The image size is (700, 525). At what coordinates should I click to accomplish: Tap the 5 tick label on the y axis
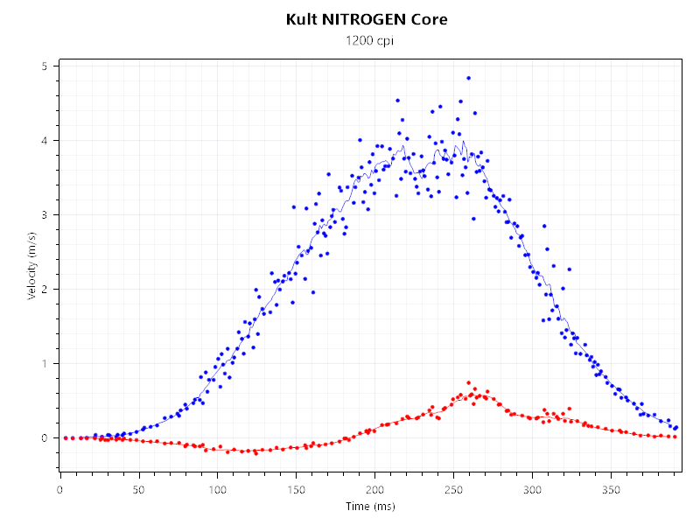click(x=45, y=66)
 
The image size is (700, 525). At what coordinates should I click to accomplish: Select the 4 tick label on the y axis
click(x=45, y=141)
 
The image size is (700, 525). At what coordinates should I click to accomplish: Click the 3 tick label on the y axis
click(x=45, y=215)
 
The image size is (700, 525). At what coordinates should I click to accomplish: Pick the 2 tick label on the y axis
click(x=45, y=290)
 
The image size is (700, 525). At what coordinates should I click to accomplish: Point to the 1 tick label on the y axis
click(x=45, y=364)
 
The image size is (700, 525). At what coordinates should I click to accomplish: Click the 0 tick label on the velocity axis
click(x=45, y=437)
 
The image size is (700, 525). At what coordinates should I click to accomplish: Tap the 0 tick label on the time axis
click(x=59, y=488)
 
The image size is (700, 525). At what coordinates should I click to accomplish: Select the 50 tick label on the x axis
click(x=138, y=488)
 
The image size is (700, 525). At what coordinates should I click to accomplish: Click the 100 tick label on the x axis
click(x=217, y=488)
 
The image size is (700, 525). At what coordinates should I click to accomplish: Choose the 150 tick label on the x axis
click(x=297, y=488)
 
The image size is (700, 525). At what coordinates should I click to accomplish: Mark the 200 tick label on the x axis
click(x=375, y=488)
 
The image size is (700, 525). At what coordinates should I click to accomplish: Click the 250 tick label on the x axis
click(x=454, y=488)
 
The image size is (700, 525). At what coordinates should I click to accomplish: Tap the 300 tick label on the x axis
click(x=533, y=488)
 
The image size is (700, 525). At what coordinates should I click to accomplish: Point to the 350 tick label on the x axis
click(x=612, y=488)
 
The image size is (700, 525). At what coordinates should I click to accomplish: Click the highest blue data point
click(x=468, y=78)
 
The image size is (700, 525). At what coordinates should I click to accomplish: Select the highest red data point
click(x=468, y=382)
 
